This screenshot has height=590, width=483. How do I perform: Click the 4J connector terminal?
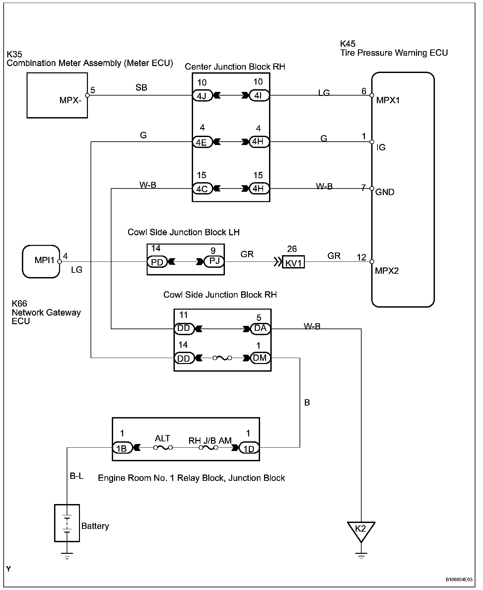click(x=202, y=96)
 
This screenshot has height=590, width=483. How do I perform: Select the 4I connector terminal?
click(x=259, y=96)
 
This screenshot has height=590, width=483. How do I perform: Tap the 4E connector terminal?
click(x=202, y=142)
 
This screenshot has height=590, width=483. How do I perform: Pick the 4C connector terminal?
click(x=202, y=188)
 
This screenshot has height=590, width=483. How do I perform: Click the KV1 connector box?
click(x=294, y=262)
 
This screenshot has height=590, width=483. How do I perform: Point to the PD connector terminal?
click(x=157, y=262)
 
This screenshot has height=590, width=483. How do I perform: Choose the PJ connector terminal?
click(x=214, y=261)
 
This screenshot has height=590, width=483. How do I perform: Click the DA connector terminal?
click(x=260, y=329)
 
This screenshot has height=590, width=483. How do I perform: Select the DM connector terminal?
click(x=260, y=358)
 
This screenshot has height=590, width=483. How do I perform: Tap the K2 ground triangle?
click(x=361, y=530)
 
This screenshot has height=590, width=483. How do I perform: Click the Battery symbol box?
click(x=67, y=523)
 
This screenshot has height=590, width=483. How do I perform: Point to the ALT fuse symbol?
click(x=163, y=448)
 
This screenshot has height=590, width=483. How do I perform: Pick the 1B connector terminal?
click(x=122, y=448)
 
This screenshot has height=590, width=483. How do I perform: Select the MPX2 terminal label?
click(x=387, y=271)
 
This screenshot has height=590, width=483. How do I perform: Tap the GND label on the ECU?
click(x=385, y=192)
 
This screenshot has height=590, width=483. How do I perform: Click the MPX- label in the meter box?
click(x=71, y=100)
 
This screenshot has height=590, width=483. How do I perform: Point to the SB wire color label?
click(x=141, y=87)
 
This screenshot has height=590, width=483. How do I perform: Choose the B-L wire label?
click(x=77, y=476)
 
